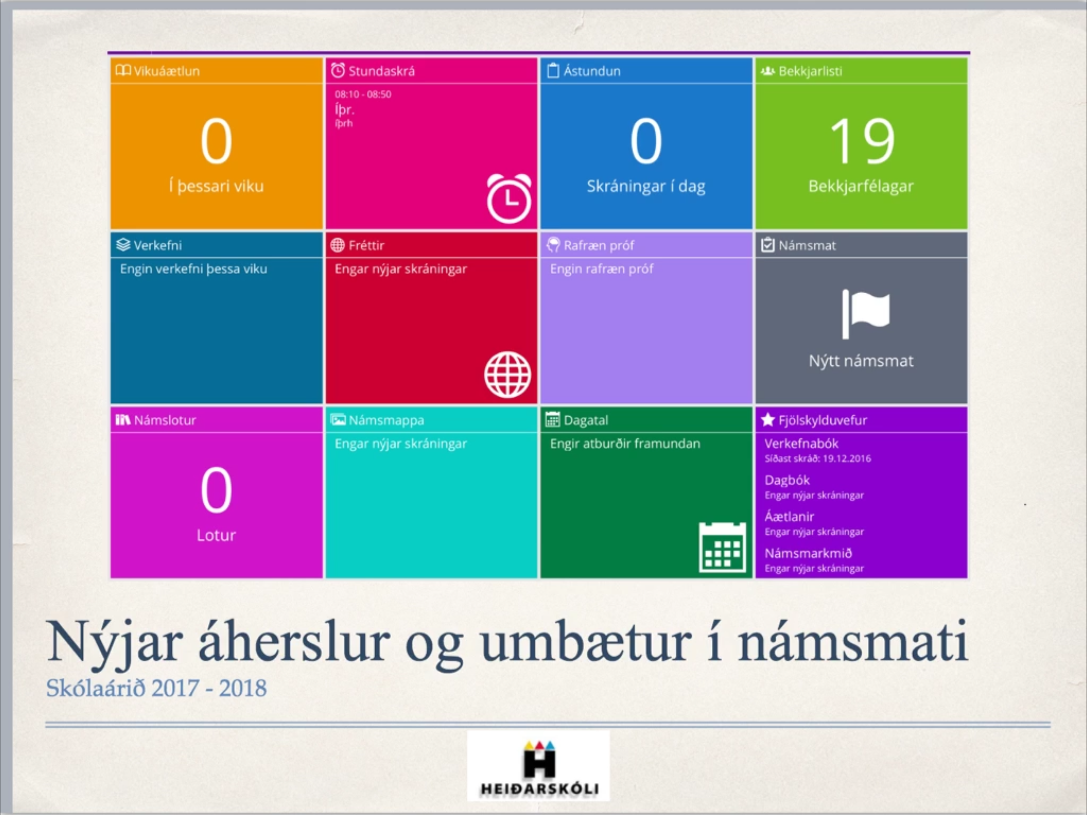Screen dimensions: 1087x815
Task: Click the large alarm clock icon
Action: [509, 199]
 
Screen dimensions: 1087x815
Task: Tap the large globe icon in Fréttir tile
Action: [508, 374]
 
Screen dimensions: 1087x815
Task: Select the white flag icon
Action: [866, 314]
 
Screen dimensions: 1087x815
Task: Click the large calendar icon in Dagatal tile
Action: [723, 548]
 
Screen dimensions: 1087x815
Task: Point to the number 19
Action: [862, 141]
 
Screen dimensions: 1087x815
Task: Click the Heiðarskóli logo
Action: [539, 766]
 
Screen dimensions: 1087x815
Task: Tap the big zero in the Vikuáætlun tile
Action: [216, 141]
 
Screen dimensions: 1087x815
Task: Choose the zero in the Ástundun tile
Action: [646, 141]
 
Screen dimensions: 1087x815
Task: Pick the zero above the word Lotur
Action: [216, 490]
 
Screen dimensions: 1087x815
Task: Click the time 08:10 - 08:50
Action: [363, 94]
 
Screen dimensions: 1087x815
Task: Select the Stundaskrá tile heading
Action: [381, 71]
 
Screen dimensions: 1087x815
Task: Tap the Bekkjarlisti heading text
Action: [810, 71]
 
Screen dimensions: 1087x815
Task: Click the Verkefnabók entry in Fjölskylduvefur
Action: [801, 443]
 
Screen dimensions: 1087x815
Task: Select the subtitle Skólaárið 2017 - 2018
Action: [156, 688]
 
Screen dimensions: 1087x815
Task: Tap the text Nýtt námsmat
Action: [861, 361]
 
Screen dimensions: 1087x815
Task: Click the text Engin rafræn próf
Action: [602, 269]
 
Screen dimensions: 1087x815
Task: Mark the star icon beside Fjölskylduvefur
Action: [768, 420]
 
